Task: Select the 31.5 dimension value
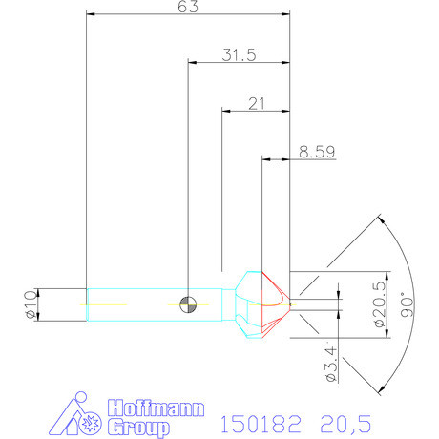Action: click(240, 55)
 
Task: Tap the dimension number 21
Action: click(255, 102)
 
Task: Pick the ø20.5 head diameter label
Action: click(380, 304)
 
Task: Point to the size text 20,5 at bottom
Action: click(340, 421)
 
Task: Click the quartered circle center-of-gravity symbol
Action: click(189, 303)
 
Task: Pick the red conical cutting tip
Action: click(276, 303)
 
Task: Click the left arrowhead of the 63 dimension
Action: click(90, 15)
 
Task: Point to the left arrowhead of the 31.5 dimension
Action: click(193, 62)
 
